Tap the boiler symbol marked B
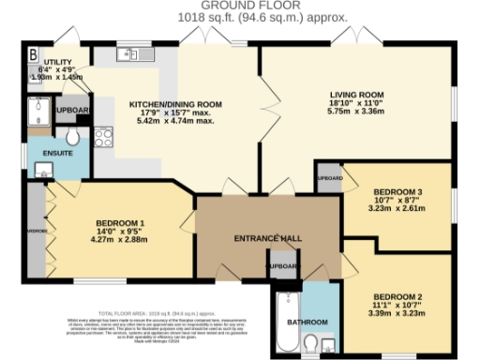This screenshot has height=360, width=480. (x=35, y=52)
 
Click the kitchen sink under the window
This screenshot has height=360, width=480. (x=130, y=55)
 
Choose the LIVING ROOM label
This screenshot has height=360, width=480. (x=356, y=94)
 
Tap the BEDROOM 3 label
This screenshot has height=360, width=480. (x=392, y=192)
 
